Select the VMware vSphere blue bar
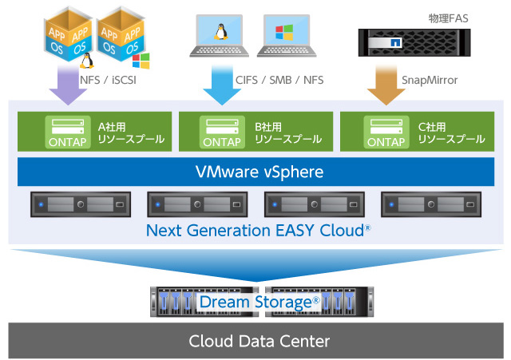(x=255, y=172)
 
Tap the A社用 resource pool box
(x=93, y=132)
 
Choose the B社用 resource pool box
(x=254, y=132)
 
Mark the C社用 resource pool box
(x=416, y=132)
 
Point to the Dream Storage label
(x=259, y=302)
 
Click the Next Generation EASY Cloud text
(x=255, y=231)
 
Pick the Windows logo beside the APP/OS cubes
(x=141, y=59)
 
